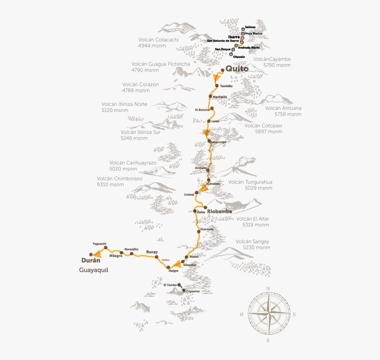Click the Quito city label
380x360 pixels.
coord(237,69)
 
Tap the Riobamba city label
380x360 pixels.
coord(219,211)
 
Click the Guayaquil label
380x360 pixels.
coord(94,270)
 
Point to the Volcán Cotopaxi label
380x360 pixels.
coord(263,126)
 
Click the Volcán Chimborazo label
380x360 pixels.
coord(120,179)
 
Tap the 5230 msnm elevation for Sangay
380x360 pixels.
coord(256,248)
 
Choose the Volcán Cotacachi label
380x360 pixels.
coord(158,39)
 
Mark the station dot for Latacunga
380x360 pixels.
coord(209,142)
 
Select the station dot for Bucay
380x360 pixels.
coord(156,257)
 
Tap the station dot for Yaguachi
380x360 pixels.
coord(106,248)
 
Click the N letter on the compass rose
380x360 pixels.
coord(268,289)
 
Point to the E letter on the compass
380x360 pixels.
coord(294,314)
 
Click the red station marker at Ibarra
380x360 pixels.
coord(242,38)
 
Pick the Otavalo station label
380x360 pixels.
coord(239,57)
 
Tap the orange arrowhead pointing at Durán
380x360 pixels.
coord(96,254)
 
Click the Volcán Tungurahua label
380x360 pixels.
coord(250,182)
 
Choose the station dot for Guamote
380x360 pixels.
coord(198,230)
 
